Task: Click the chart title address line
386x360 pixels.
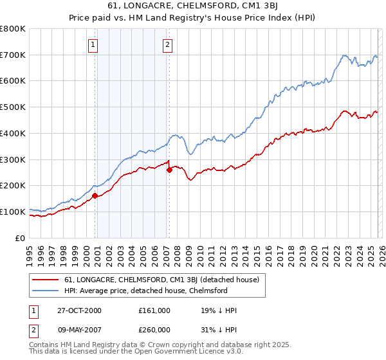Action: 193,6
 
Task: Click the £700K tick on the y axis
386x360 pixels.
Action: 14,55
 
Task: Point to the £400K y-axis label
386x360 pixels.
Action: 14,134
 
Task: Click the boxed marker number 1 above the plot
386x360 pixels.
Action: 93,45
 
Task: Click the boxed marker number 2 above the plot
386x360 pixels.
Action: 167,45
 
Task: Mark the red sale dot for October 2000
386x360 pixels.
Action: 95,195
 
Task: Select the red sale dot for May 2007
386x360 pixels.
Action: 169,170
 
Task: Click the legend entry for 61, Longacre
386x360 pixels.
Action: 161,280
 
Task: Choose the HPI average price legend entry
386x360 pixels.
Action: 146,291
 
